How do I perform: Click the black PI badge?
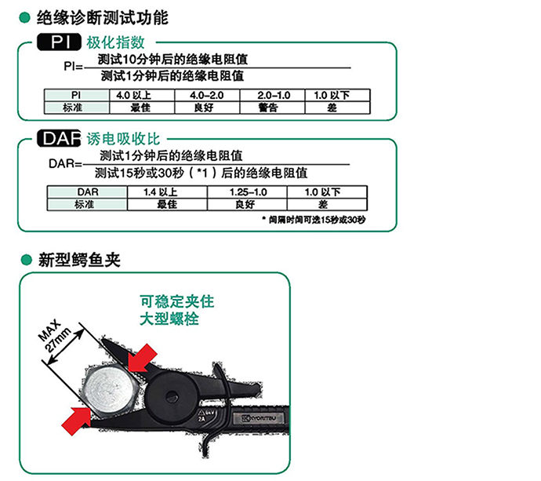point(59,42)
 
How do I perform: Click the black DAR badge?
point(59,138)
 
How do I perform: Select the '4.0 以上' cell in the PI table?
point(142,95)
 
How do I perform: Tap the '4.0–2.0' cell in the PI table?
point(207,95)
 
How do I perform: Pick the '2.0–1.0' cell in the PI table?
point(272,95)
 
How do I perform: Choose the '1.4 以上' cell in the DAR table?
point(167,192)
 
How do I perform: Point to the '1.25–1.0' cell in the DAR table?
point(247,192)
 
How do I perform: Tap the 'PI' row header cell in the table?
point(77,95)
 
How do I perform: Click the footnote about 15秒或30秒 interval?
point(314,220)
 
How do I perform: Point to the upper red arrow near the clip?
point(141,358)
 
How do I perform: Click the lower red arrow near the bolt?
point(77,421)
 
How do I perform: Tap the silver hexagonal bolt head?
point(109,390)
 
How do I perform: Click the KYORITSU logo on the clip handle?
point(260,418)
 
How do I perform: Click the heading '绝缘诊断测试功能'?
point(103,18)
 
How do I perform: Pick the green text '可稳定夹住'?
point(177,301)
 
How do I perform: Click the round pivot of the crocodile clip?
point(171,396)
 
